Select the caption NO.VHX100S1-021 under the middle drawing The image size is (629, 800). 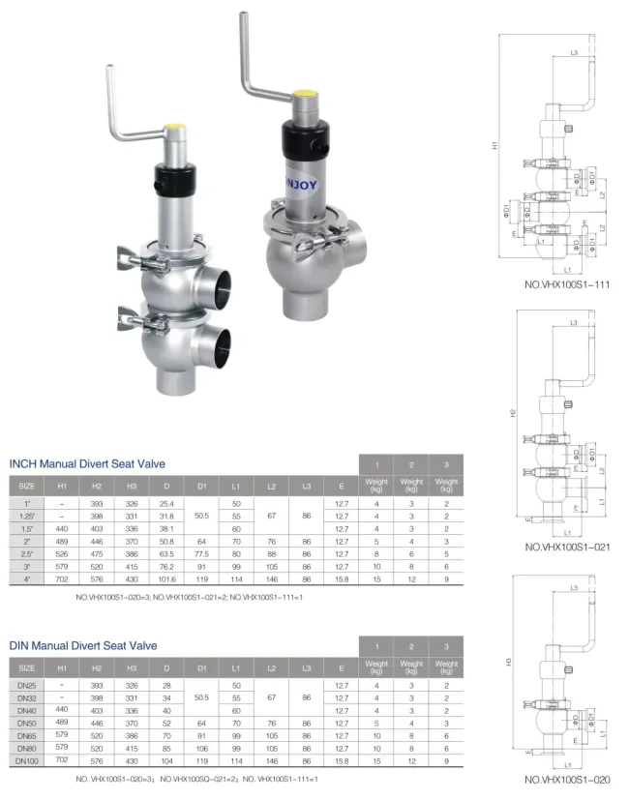[572, 547]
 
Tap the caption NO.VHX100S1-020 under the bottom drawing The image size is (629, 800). [572, 780]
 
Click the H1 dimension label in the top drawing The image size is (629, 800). [494, 145]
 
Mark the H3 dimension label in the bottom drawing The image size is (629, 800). [511, 663]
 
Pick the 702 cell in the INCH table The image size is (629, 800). [62, 578]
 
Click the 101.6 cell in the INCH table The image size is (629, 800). [166, 578]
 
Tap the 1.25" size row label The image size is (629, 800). [27, 517]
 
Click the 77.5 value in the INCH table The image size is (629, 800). [201, 553]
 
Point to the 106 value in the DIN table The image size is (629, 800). [201, 749]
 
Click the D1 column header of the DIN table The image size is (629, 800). [201, 667]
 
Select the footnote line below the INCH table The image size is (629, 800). [189, 597]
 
